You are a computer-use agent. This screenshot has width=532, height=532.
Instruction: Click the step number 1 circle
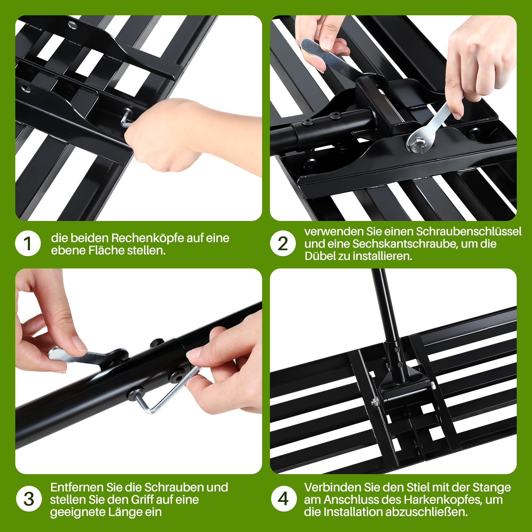(x=28, y=244)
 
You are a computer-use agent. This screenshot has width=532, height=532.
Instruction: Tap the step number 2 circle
(x=283, y=244)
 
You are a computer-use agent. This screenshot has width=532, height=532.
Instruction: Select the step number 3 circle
(x=29, y=499)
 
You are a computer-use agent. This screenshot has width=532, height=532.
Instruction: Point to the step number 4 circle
(x=283, y=499)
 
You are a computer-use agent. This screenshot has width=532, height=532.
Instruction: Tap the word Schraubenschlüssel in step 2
(x=469, y=232)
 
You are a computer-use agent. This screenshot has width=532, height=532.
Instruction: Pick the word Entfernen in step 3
(x=77, y=487)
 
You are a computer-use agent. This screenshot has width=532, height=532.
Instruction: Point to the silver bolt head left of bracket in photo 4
(x=375, y=402)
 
